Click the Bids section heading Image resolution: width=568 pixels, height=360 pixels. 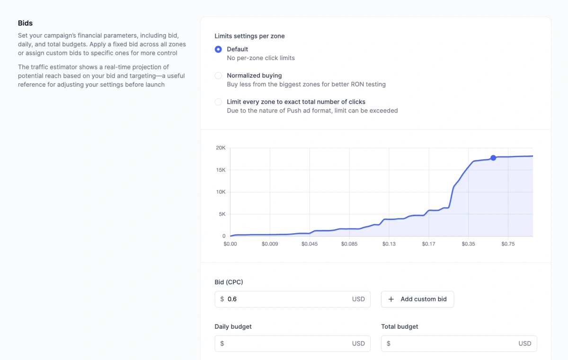click(25, 23)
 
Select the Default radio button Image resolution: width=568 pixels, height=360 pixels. click(218, 49)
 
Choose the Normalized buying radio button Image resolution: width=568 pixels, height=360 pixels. click(218, 76)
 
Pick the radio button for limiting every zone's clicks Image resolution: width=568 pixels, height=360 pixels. click(218, 102)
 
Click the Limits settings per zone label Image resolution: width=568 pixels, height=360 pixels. click(249, 36)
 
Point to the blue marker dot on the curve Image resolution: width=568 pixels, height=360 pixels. click(493, 158)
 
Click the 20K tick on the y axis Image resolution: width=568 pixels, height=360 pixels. click(221, 148)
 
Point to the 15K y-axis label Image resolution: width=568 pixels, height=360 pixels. click(221, 170)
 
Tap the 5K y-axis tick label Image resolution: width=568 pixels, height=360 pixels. click(222, 214)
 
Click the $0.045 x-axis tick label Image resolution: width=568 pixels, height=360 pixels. click(310, 244)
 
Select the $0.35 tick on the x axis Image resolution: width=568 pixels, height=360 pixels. click(468, 244)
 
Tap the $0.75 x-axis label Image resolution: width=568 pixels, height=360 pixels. click(508, 244)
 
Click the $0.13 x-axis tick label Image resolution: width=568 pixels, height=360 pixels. click(389, 244)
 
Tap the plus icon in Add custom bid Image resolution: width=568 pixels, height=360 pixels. click(391, 299)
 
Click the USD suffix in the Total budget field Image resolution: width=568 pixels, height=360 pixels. click(524, 343)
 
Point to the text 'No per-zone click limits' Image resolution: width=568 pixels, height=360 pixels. click(261, 58)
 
